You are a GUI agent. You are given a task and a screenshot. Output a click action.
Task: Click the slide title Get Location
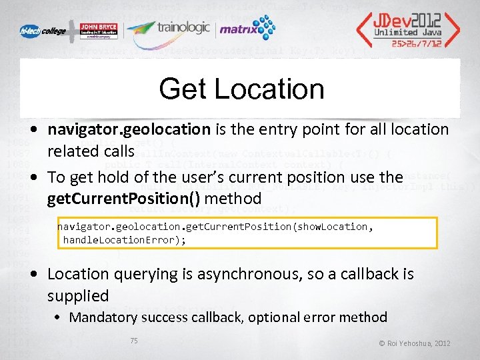[x=241, y=89]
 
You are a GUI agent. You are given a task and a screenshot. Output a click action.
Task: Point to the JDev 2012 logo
[x=407, y=23]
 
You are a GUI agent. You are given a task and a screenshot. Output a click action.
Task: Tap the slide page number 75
[x=134, y=341]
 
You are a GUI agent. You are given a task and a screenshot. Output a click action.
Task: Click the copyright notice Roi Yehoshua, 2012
[x=415, y=343]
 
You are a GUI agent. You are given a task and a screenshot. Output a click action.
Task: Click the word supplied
[x=78, y=295]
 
